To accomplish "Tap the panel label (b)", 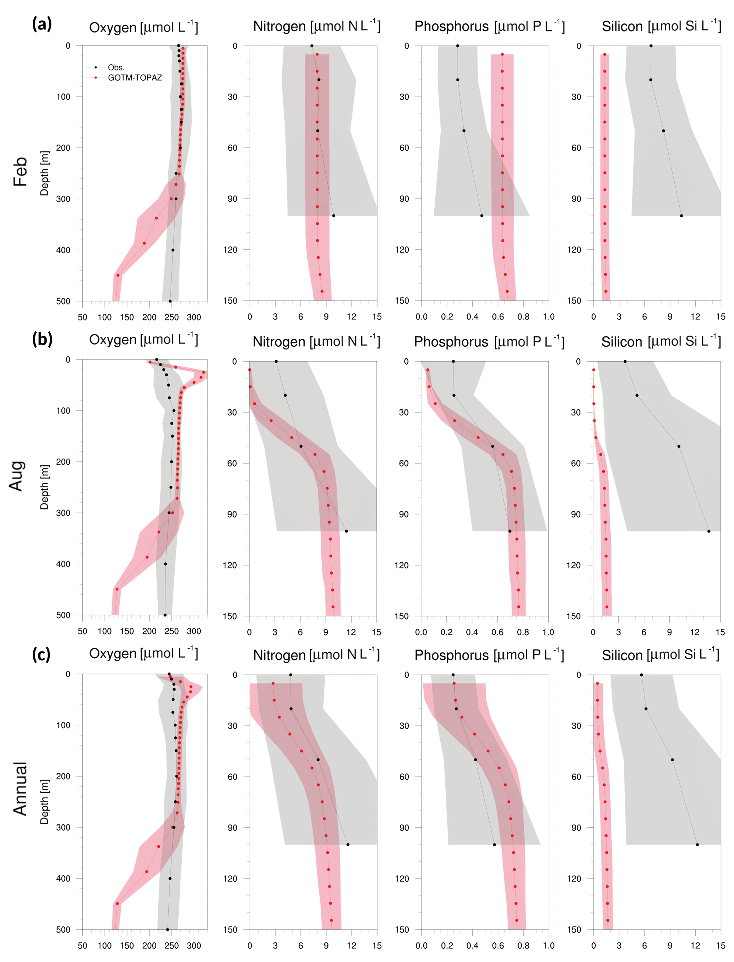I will click(x=42, y=339).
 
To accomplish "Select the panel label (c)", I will click(x=41, y=654).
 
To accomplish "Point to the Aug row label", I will click(x=16, y=476).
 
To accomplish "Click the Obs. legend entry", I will click(x=116, y=67).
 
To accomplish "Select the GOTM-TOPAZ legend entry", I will click(x=135, y=78).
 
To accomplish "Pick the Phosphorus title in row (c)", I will click(x=489, y=655).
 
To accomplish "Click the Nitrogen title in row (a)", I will click(x=316, y=26).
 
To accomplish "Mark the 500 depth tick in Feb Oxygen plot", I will click(x=63, y=301).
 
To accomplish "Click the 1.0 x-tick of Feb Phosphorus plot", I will click(x=548, y=317).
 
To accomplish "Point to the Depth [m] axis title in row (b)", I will click(x=44, y=487).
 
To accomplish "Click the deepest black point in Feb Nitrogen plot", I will click(x=333, y=216).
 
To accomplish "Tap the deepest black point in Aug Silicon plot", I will click(x=709, y=531).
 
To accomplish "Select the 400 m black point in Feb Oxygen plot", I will click(x=173, y=250).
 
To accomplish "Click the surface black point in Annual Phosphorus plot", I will click(x=453, y=675).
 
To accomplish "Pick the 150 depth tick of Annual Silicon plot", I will click(x=574, y=930).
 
